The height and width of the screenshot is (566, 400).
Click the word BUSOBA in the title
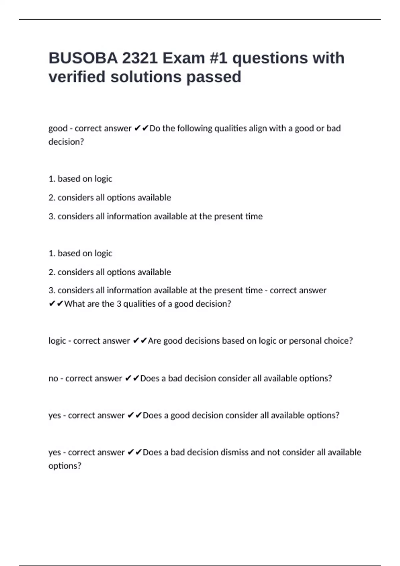pos(83,58)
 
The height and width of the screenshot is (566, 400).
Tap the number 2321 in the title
pos(140,58)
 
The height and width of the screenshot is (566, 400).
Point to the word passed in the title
pos(214,77)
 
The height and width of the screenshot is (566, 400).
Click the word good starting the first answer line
pos(58,129)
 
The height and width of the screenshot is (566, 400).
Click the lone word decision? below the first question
pos(66,142)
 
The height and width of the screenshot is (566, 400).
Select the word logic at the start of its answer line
pos(57,341)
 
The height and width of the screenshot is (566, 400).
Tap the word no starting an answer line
pos(53,379)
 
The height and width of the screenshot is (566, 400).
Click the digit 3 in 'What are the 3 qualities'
pos(119,304)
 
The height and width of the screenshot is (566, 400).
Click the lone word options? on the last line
pos(65,466)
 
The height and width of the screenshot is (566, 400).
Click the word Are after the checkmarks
pos(154,341)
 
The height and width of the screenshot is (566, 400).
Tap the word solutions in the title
pos(146,77)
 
